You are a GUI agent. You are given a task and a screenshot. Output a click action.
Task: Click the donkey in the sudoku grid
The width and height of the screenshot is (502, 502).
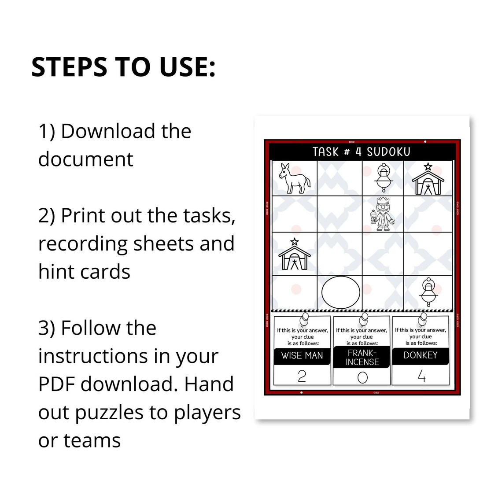pos(294,178)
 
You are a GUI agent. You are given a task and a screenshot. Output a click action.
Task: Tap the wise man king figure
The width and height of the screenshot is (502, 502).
pos(383,214)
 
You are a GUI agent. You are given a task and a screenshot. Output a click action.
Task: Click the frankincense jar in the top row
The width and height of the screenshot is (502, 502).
pos(384,178)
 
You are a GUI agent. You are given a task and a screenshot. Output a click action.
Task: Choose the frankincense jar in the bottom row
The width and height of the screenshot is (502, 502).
pos(428,292)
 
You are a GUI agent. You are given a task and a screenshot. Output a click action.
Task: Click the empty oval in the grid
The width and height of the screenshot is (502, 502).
pos(341,292)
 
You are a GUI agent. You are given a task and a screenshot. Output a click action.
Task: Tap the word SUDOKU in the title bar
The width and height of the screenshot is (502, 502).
pos(388,152)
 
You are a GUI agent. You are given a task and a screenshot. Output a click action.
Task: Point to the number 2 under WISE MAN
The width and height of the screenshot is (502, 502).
pos(302,376)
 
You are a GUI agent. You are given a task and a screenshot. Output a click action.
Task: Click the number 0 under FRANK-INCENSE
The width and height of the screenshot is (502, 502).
pos(362,377)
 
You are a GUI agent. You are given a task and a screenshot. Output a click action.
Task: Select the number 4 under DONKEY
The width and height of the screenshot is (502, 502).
pos(422,376)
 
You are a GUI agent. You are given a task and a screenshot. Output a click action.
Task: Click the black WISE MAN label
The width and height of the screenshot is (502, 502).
pos(302,356)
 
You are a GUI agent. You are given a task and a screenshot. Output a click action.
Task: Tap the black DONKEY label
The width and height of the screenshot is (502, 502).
pos(421,356)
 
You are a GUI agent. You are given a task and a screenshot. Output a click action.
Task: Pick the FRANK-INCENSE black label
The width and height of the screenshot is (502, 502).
pos(362,357)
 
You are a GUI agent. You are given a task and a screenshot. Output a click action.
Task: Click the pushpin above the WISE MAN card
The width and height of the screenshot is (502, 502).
pos(304,320)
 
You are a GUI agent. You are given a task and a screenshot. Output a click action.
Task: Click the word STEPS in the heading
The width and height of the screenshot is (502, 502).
pos(70,67)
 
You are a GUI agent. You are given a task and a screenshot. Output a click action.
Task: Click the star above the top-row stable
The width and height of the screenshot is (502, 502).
pos(428,167)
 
